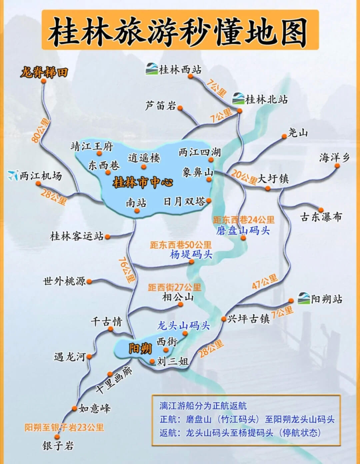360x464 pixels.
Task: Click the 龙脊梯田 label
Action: click(x=44, y=72)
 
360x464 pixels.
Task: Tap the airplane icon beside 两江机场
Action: click(x=13, y=175)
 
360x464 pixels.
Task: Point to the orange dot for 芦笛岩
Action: click(x=180, y=108)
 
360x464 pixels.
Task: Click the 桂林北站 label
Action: click(x=266, y=99)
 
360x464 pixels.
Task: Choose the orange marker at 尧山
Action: click(x=284, y=136)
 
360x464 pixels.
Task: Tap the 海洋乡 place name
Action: click(x=334, y=157)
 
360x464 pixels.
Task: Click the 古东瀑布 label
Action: click(x=321, y=217)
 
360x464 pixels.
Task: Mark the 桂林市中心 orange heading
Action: click(x=143, y=182)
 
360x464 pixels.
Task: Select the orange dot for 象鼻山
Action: click(x=209, y=179)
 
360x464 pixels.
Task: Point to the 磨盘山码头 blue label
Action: click(x=243, y=230)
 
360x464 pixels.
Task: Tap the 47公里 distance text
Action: click(x=265, y=282)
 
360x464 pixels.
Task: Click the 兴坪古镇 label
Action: click(x=248, y=319)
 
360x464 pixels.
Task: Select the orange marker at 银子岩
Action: click(x=57, y=437)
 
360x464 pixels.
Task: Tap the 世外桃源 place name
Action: click(x=64, y=281)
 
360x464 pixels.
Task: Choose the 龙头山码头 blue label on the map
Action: click(x=183, y=325)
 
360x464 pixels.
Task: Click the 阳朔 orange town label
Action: click(x=140, y=349)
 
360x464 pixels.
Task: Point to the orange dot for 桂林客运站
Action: click(x=107, y=237)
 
